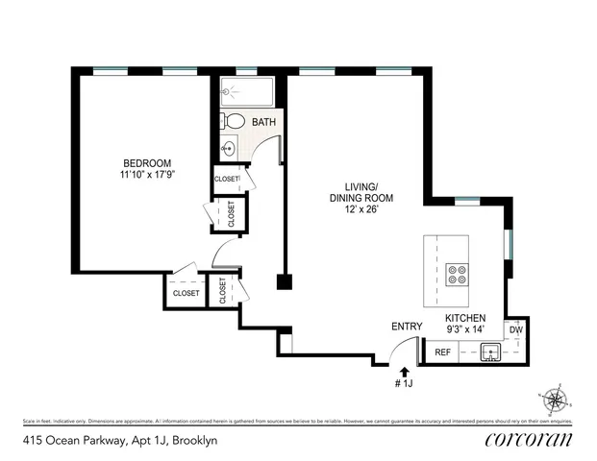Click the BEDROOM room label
pyautogui.click(x=146, y=162)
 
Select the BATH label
pyautogui.click(x=264, y=123)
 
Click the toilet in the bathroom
pyautogui.click(x=234, y=122)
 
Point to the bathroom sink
pyautogui.click(x=229, y=149)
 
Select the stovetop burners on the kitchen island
pyautogui.click(x=455, y=277)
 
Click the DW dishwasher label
pyautogui.click(x=515, y=330)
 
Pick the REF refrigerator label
pyautogui.click(x=443, y=352)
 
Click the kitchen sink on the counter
pyautogui.click(x=491, y=352)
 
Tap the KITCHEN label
pyautogui.click(x=464, y=318)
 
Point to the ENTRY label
pyautogui.click(x=407, y=327)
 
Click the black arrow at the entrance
pyautogui.click(x=405, y=370)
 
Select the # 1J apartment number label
pyautogui.click(x=405, y=384)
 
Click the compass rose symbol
pyautogui.click(x=556, y=398)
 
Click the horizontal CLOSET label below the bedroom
pyautogui.click(x=186, y=293)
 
